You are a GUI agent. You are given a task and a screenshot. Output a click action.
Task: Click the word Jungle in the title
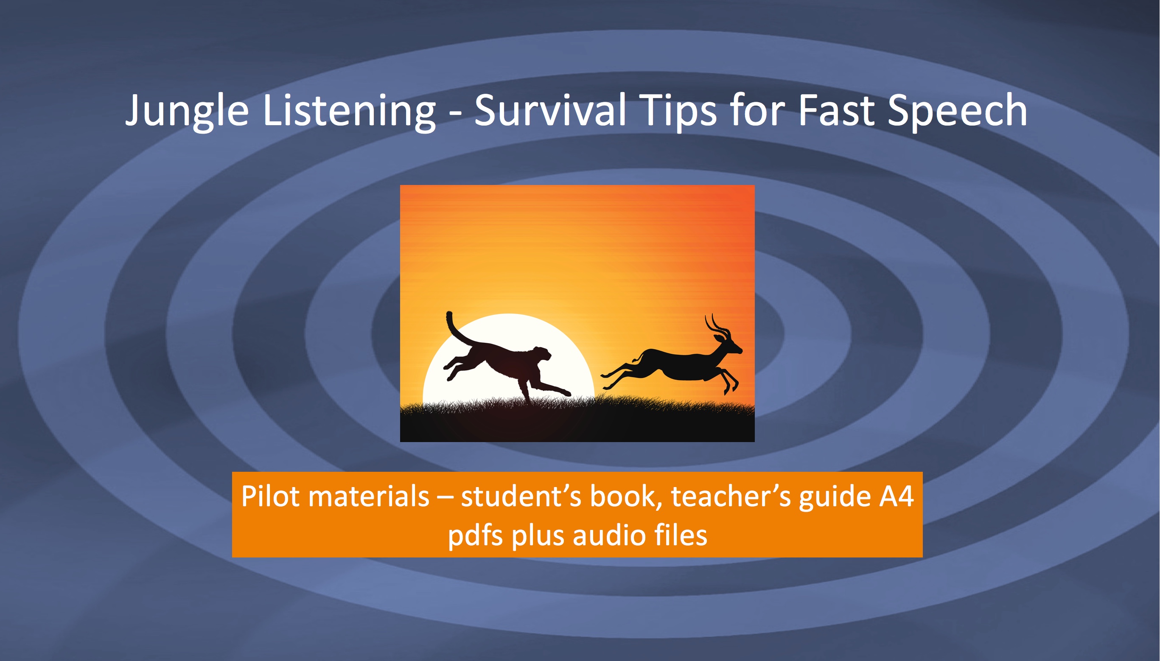(x=187, y=111)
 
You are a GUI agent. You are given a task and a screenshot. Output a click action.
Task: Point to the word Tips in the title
(x=680, y=111)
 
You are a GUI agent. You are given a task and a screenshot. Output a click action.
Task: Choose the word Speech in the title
(x=957, y=111)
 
